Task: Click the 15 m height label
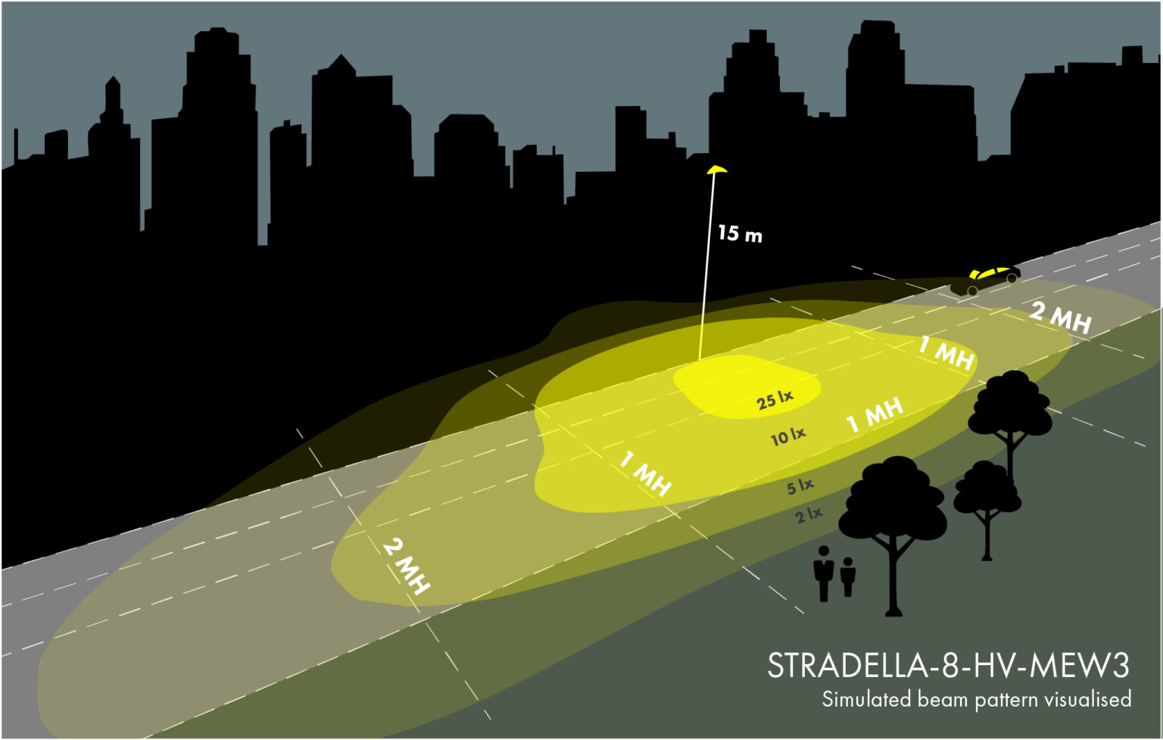click(740, 233)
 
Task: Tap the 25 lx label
click(775, 400)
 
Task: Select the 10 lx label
click(788, 436)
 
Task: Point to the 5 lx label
click(800, 486)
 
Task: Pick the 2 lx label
click(809, 516)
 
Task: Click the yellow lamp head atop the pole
click(716, 169)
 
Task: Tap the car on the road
click(987, 279)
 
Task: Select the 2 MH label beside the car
click(1060, 317)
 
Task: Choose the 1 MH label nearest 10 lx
click(875, 415)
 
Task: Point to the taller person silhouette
click(824, 573)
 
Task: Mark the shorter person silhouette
click(848, 576)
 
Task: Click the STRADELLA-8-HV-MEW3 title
click(948, 666)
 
